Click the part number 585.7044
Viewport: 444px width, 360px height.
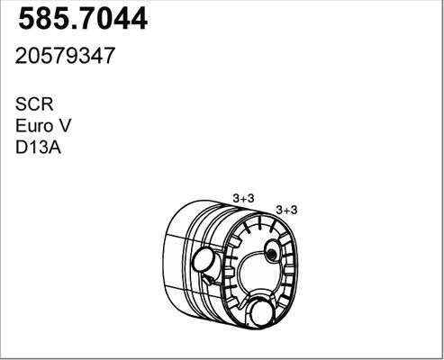(x=83, y=19)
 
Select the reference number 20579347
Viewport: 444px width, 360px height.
(x=65, y=56)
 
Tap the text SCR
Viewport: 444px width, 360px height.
(x=34, y=104)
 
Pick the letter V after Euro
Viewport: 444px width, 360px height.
(x=65, y=126)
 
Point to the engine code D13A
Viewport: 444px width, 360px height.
(x=38, y=148)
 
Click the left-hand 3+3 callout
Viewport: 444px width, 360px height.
(x=243, y=198)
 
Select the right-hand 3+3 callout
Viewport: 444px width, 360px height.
(x=286, y=210)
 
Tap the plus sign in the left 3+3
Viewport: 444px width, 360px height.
(x=243, y=199)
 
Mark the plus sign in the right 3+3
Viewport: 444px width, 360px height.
(x=286, y=211)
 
